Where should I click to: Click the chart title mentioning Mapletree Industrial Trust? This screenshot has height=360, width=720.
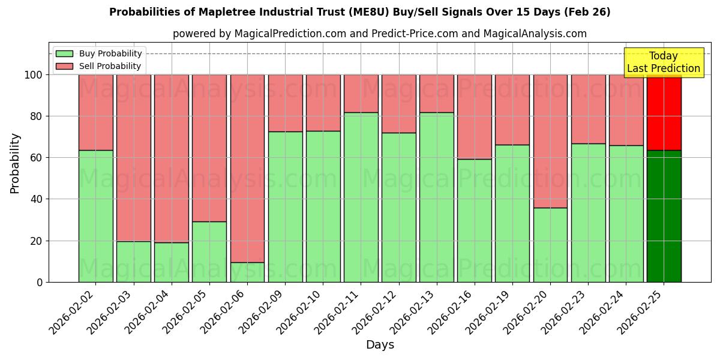pyautogui.click(x=359, y=12)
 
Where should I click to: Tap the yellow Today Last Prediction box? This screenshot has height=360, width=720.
pyautogui.click(x=663, y=62)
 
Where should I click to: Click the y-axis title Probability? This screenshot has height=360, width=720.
pyautogui.click(x=15, y=163)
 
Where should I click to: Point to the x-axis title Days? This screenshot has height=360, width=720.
pyautogui.click(x=380, y=345)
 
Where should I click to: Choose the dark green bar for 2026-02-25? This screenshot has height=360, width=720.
pyautogui.click(x=664, y=216)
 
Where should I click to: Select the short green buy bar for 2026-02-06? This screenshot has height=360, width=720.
pyautogui.click(x=247, y=272)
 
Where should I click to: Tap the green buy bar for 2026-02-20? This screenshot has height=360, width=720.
pyautogui.click(x=550, y=245)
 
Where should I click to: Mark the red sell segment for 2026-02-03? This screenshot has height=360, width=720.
pyautogui.click(x=134, y=158)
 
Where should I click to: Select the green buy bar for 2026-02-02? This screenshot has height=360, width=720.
pyautogui.click(x=96, y=216)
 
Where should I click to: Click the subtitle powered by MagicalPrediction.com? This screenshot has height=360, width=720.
pyautogui.click(x=379, y=34)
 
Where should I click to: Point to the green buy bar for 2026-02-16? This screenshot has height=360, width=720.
pyautogui.click(x=474, y=220)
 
